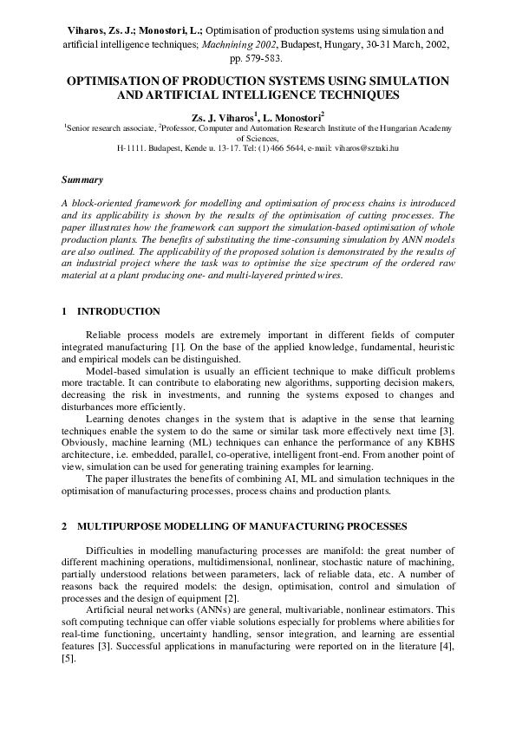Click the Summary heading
coord(82,180)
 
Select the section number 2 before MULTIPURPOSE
coord(65,525)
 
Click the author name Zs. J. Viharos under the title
coord(222,114)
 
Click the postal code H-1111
coord(132,147)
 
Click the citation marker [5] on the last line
coord(69,659)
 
